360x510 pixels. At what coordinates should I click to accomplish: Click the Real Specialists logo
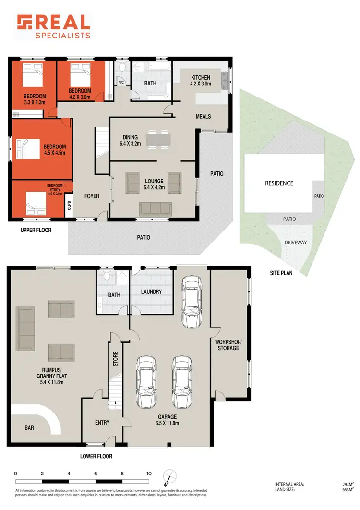pos(53,26)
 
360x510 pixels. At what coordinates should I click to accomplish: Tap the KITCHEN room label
pos(201,78)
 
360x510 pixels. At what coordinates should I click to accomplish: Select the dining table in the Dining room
pos(158,140)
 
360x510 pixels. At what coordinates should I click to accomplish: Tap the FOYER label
pos(92,196)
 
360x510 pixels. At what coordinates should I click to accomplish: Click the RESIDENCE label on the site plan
pos(279,183)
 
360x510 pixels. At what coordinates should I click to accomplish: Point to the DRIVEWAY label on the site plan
pos(295,243)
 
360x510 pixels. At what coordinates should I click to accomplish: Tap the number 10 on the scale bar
pos(149,474)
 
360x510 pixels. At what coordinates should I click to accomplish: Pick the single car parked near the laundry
pos(191,302)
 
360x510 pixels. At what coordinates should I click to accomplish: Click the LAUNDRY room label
pos(151,291)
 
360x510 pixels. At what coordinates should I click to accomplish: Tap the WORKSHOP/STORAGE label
pos(228,344)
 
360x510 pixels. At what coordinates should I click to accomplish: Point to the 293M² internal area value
pos(342,485)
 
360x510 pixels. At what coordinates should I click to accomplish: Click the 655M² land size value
pos(342,490)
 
